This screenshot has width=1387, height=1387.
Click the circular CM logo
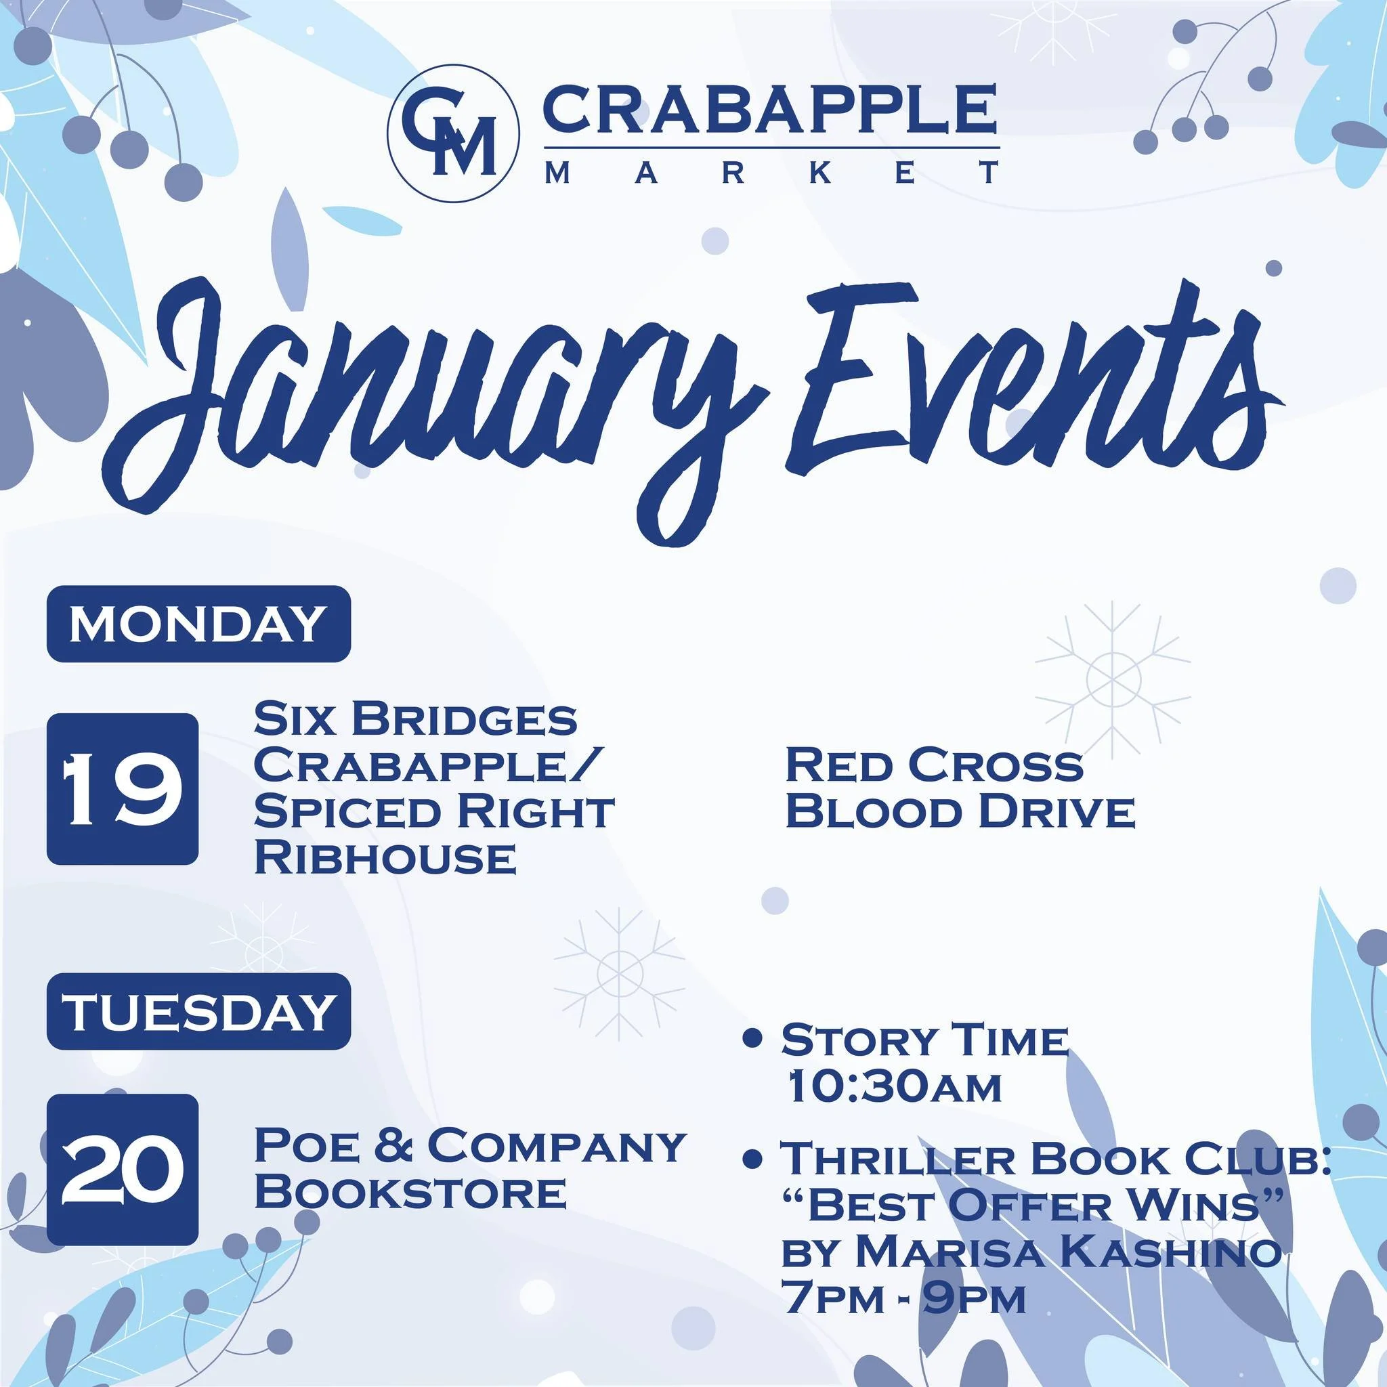point(452,131)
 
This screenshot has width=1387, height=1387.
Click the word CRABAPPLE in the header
point(770,109)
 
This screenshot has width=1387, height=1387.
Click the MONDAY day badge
point(198,623)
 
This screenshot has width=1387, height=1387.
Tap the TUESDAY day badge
point(198,1011)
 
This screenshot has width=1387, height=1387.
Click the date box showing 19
point(122,788)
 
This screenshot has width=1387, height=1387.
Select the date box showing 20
point(122,1170)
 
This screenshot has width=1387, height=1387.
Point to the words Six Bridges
point(415,719)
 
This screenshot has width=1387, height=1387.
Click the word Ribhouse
point(385,857)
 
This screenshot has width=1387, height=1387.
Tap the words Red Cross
point(933,765)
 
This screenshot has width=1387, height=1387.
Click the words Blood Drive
point(960,811)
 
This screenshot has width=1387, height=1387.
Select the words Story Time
point(924,1041)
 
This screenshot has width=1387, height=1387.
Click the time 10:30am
point(894,1087)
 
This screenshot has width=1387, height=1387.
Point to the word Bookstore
point(410,1192)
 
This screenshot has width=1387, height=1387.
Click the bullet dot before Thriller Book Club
point(752,1158)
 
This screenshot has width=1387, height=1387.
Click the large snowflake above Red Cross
point(1113,679)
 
